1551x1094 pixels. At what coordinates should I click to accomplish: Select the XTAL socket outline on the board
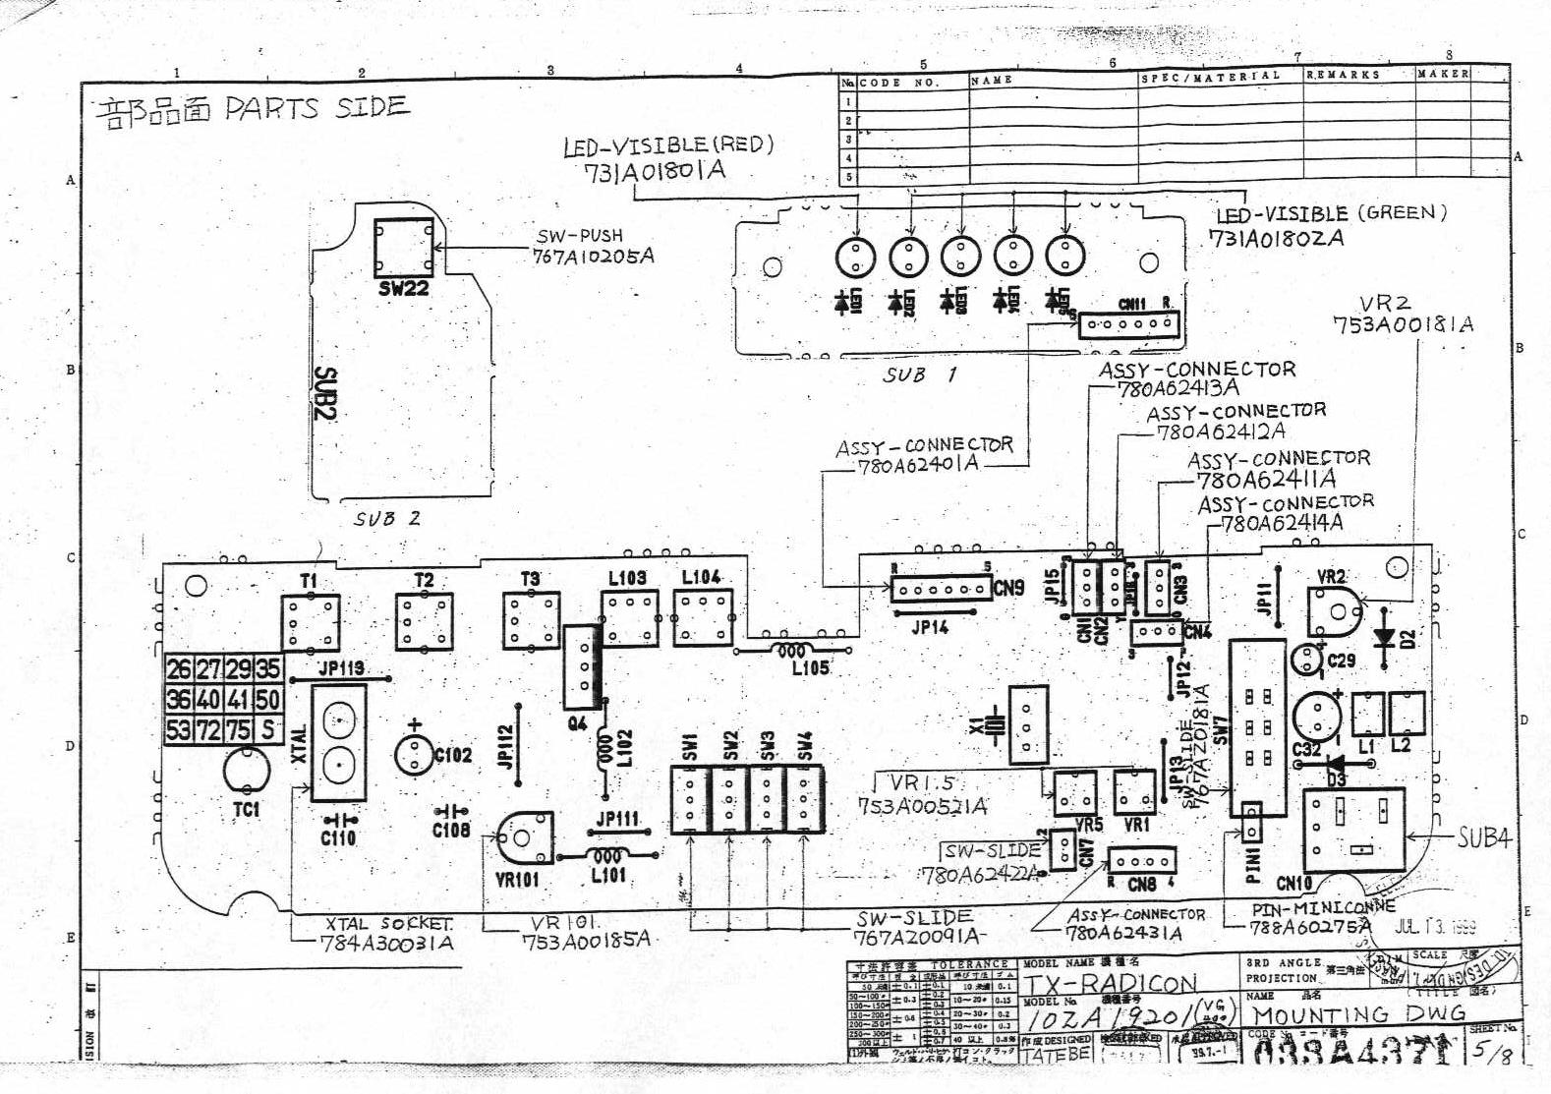coord(338,743)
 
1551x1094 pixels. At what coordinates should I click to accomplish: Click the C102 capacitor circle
coord(414,755)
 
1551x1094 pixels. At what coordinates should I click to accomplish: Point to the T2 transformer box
coord(425,620)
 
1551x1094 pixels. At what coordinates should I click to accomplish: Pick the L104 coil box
coord(702,617)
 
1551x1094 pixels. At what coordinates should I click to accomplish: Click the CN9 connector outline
coord(941,590)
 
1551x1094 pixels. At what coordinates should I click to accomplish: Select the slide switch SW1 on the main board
coord(689,799)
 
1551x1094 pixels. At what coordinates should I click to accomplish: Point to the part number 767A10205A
coord(593,257)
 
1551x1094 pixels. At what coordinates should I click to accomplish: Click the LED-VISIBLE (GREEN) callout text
coord(1331,213)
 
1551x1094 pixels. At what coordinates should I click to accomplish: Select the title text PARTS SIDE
coord(315,107)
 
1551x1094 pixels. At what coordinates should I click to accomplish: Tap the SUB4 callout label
coord(1483,837)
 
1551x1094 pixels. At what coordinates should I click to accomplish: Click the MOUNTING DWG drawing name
coord(1358,1014)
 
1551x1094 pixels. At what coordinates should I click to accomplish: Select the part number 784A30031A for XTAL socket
coord(387,944)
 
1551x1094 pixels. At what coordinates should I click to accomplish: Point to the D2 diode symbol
coord(1385,638)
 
